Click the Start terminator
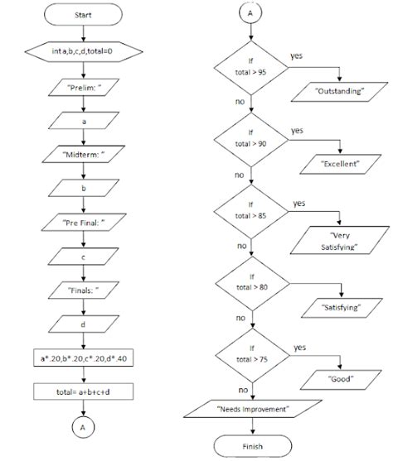coord(82,16)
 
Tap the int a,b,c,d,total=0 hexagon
coord(82,52)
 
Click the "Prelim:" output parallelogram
coord(82,86)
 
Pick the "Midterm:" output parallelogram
coord(82,154)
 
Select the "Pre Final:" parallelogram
coord(82,222)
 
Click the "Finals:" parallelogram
coord(82,290)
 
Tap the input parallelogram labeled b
coord(82,188)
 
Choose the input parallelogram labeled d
coord(82,324)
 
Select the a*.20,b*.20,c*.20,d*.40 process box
coord(82,358)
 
